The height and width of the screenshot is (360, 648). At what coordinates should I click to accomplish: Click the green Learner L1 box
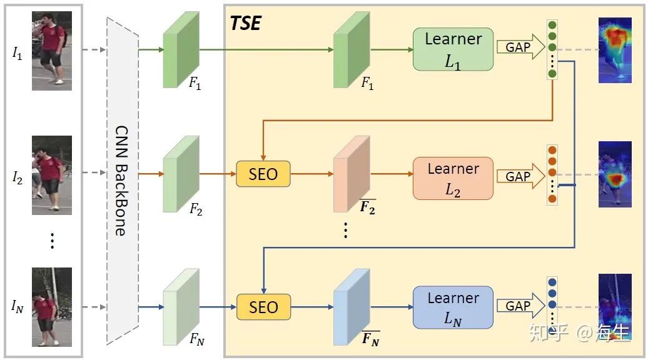click(x=453, y=49)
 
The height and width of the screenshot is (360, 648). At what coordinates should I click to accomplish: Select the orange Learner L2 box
click(x=453, y=178)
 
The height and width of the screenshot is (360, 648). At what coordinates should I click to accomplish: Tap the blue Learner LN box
click(x=453, y=307)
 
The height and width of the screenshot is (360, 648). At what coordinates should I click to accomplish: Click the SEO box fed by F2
click(x=263, y=173)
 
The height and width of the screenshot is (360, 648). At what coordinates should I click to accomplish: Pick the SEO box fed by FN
click(x=263, y=307)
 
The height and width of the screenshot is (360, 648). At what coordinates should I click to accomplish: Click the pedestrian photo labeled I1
click(x=52, y=51)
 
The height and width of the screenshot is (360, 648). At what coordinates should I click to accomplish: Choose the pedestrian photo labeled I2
click(x=52, y=176)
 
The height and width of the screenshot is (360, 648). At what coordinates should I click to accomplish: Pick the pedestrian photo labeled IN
click(x=52, y=307)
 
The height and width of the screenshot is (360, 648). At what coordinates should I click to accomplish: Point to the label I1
click(x=17, y=54)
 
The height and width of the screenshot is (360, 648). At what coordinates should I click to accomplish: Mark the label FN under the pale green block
click(x=196, y=340)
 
